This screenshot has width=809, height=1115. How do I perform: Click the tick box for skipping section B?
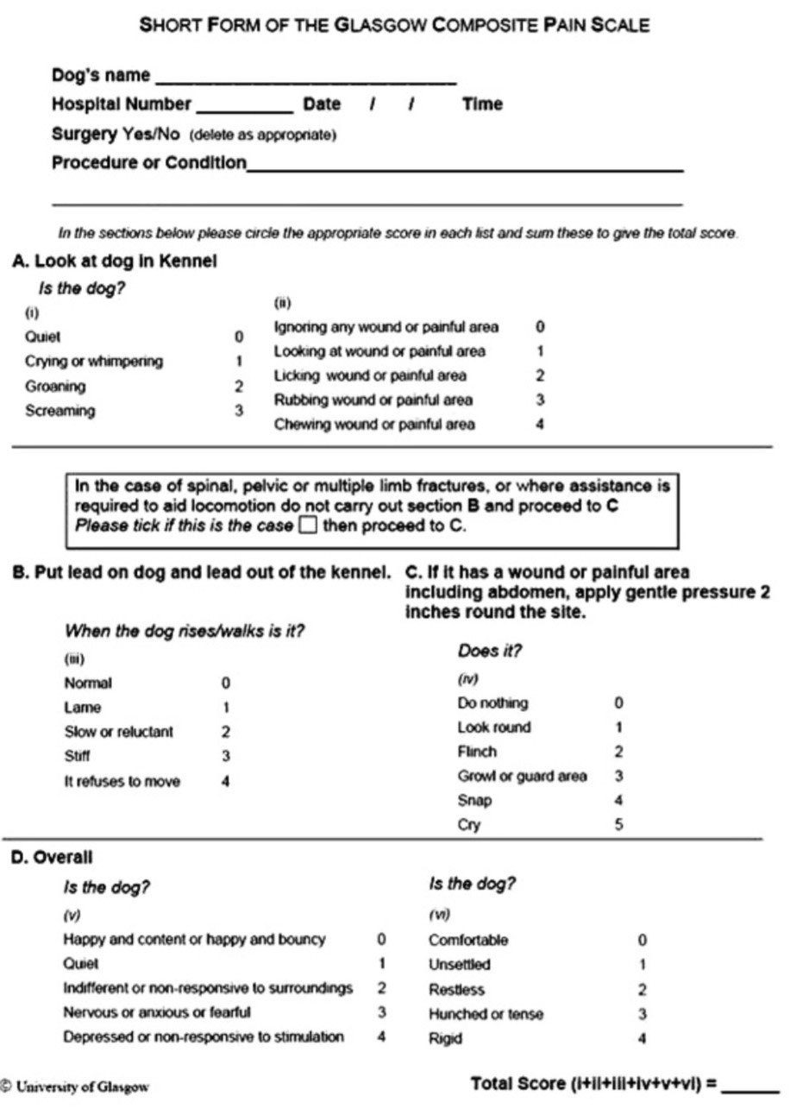tap(308, 526)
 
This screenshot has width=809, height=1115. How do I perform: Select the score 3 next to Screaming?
tap(239, 411)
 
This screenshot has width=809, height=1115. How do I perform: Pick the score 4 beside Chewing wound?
tap(540, 424)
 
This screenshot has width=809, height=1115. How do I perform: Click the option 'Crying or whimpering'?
tap(93, 362)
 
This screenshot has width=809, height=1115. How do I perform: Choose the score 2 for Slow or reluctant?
tap(225, 732)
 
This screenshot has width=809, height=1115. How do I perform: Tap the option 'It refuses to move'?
tap(122, 782)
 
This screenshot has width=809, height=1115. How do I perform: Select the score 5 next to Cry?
tap(618, 825)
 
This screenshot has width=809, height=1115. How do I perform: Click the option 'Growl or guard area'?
tap(522, 776)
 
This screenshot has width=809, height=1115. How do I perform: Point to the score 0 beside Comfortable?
tap(642, 940)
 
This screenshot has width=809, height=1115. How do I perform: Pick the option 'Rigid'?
tap(445, 1039)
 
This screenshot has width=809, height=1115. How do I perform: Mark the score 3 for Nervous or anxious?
tap(381, 1012)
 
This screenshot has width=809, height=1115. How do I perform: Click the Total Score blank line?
tap(749, 1090)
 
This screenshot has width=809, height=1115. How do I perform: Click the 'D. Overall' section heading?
tap(51, 857)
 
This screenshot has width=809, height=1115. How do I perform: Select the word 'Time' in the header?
tap(482, 104)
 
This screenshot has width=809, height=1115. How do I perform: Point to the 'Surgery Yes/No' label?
tap(116, 134)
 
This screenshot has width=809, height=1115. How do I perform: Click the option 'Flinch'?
tap(477, 752)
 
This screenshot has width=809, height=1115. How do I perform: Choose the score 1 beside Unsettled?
tap(642, 964)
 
